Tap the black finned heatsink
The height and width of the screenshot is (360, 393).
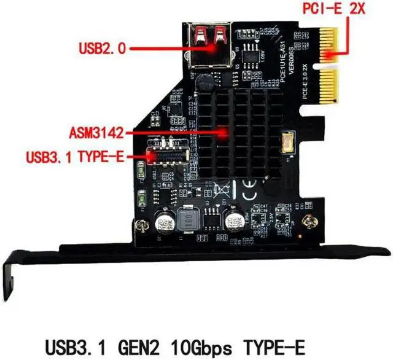click(x=233, y=132)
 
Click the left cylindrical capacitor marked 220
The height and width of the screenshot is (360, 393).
click(x=164, y=222)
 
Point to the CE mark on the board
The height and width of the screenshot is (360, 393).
click(x=251, y=189)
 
